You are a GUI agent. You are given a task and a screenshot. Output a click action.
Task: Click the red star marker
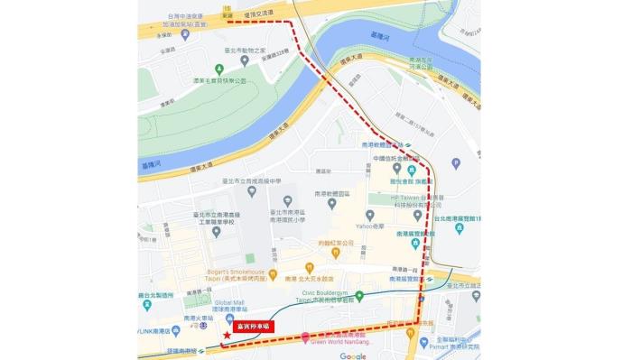(225, 336)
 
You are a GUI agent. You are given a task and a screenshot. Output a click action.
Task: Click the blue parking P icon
(455, 163)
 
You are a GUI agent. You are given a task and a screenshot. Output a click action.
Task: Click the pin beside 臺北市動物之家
(221, 50)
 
